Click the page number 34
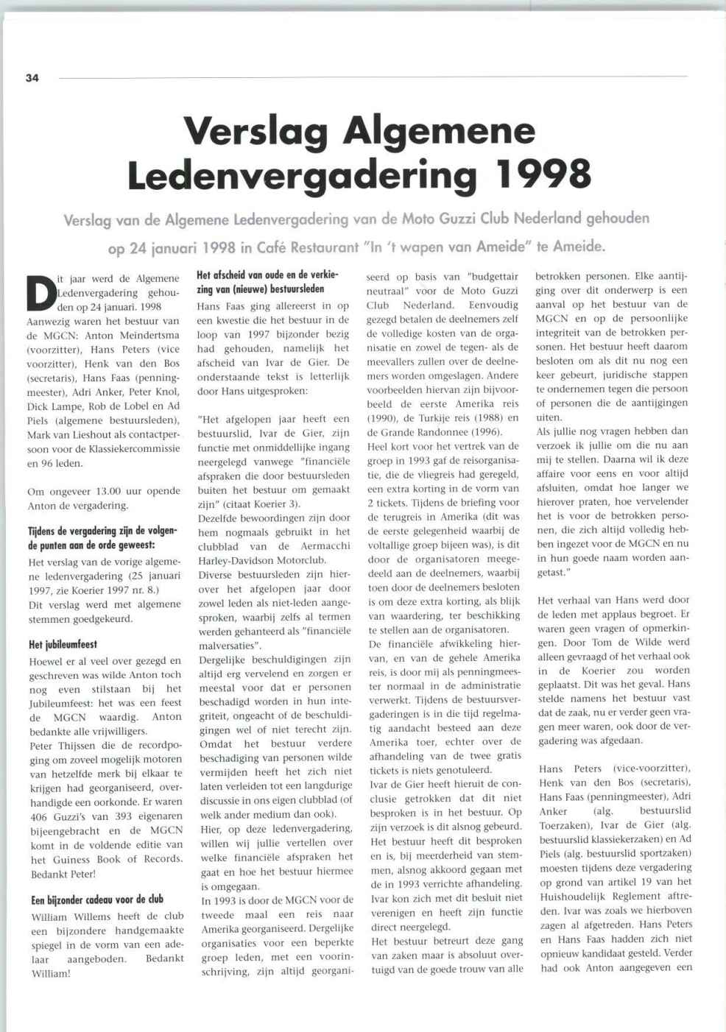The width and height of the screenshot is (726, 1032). tap(32, 78)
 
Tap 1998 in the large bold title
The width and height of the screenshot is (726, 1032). tap(543, 174)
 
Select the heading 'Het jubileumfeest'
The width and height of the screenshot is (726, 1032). tap(63, 645)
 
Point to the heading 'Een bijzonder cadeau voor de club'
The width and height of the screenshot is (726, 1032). tap(97, 900)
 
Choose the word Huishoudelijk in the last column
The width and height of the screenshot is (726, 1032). tap(571, 897)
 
